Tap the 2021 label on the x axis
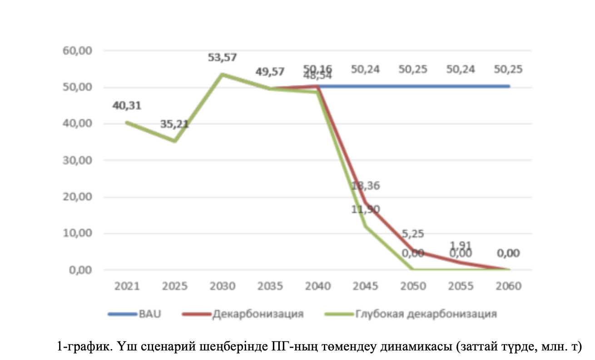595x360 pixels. tap(127, 287)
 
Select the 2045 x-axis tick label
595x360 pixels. tap(365, 287)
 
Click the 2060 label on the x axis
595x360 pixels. tap(509, 287)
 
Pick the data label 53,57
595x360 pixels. tap(223, 57)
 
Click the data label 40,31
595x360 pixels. tap(127, 106)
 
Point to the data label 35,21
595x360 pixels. tap(174, 124)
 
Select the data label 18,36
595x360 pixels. tap(366, 185)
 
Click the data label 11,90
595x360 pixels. tap(366, 209)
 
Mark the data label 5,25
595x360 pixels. tap(413, 234)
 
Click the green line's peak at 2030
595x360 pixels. tap(223, 74)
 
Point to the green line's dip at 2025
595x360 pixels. tap(175, 141)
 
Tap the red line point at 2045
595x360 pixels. tap(366, 203)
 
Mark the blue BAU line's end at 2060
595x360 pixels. tap(509, 86)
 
